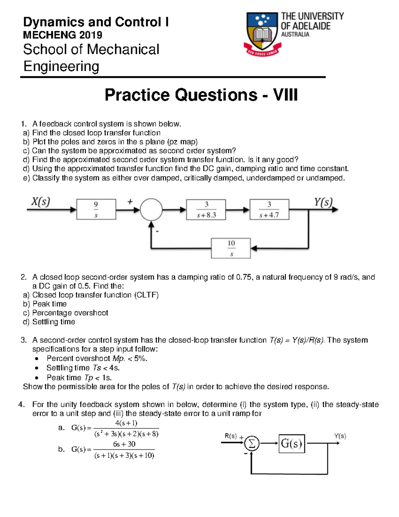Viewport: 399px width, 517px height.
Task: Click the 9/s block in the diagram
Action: click(96, 209)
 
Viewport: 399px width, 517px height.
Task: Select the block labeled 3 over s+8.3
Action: click(206, 210)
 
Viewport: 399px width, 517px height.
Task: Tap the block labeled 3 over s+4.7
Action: click(269, 210)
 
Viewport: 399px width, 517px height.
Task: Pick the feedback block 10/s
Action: click(231, 248)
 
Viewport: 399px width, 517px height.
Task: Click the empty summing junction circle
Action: click(151, 210)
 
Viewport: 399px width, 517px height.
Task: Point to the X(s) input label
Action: click(41, 202)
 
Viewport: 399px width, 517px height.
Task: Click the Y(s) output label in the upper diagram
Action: click(323, 202)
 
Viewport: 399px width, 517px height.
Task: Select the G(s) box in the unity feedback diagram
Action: click(292, 443)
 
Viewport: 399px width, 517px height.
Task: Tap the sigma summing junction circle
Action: click(252, 443)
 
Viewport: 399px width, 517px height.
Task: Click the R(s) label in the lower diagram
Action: click(231, 436)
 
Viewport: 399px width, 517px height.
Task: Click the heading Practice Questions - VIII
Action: click(201, 95)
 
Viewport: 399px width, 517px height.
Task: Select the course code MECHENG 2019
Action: click(63, 35)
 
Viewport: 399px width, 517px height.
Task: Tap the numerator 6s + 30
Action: click(124, 444)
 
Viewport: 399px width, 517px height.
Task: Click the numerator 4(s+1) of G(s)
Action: click(126, 423)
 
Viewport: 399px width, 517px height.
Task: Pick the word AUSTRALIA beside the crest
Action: click(295, 34)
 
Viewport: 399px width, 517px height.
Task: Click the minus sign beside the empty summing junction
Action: click(157, 231)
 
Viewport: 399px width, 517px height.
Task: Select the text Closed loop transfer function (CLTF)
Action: click(95, 295)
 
